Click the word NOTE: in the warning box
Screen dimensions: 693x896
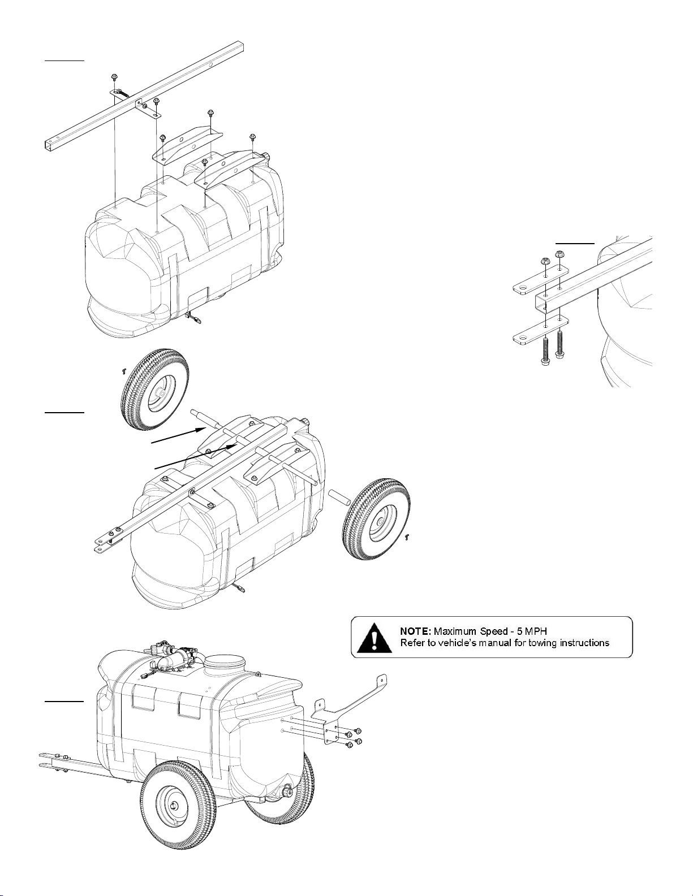(415, 631)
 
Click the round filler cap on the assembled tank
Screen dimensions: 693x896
(225, 664)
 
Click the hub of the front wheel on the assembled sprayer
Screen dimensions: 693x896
(173, 804)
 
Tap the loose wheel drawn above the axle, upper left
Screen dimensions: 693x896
(154, 389)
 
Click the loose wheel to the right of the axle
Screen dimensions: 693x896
(377, 519)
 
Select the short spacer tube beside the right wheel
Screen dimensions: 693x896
(339, 497)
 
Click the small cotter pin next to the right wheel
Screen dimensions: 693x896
(407, 536)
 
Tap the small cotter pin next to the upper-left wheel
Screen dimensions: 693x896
(122, 371)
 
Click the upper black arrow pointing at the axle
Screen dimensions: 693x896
(179, 435)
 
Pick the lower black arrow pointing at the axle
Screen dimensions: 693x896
(196, 457)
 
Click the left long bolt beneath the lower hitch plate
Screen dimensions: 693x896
(545, 352)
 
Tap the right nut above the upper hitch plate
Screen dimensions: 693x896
(559, 254)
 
